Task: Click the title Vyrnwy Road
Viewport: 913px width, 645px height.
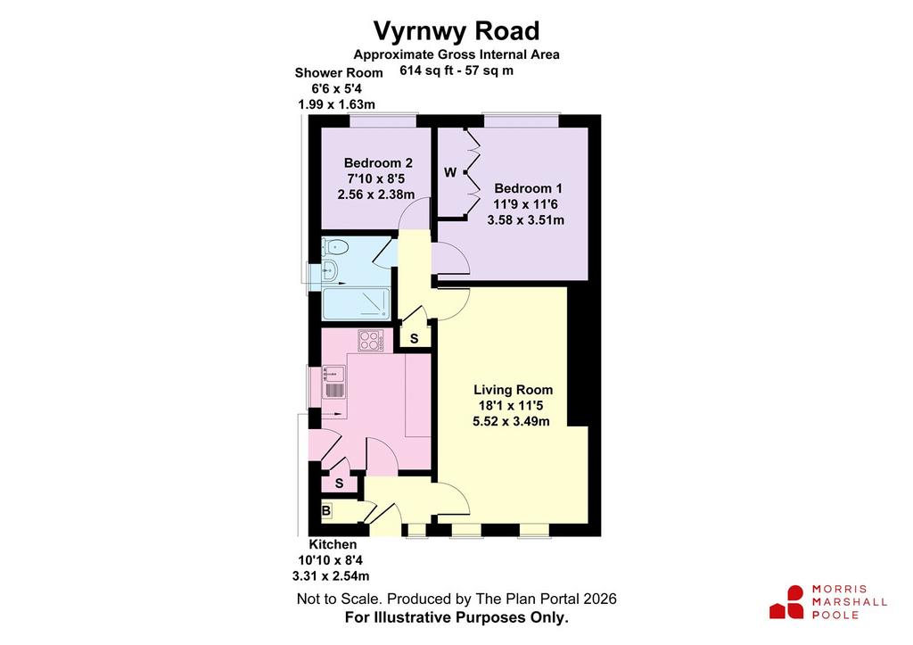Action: pos(456,31)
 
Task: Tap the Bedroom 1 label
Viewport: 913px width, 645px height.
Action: pos(528,188)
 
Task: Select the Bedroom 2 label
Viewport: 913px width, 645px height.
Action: pos(378,162)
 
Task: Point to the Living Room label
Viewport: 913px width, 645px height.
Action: pos(513,390)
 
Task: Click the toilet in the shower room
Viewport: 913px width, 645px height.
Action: pos(335,247)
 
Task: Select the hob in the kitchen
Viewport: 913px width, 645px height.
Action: pos(371,341)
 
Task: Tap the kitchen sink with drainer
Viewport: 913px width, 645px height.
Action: pos(333,382)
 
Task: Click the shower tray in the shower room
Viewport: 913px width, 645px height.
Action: pos(357,303)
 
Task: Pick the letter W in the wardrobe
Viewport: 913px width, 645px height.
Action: pos(450,172)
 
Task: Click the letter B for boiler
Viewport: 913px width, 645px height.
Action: pos(326,511)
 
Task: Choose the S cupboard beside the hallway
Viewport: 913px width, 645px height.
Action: pos(414,338)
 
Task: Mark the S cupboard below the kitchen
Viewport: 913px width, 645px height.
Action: pos(339,484)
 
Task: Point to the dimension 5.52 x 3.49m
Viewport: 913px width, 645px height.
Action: pos(511,421)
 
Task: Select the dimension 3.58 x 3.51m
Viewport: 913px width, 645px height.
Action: pos(526,220)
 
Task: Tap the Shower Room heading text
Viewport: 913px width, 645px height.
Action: pos(339,73)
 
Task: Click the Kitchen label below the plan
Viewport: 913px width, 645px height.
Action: pos(333,544)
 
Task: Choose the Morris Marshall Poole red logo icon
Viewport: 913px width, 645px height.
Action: pos(787,602)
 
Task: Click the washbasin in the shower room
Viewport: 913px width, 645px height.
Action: pos(329,269)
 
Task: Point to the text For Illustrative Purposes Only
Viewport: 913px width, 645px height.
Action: pos(456,617)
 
